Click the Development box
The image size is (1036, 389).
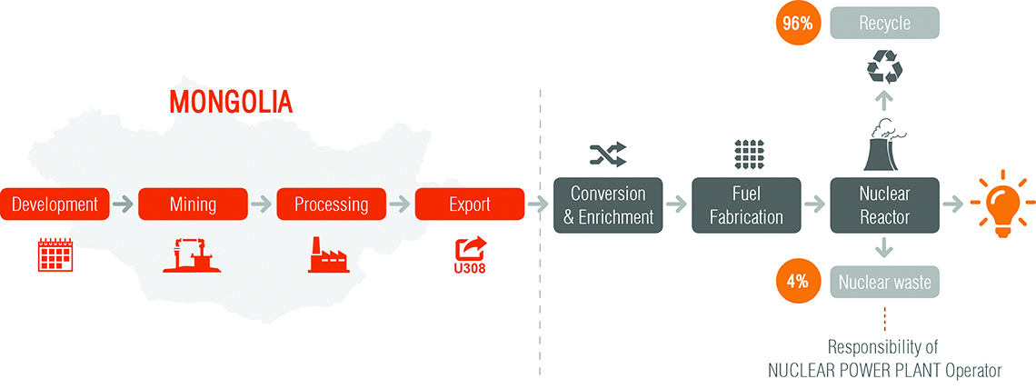click(55, 204)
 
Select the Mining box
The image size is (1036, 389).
click(193, 204)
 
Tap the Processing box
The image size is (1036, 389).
click(331, 204)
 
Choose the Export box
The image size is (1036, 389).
click(470, 204)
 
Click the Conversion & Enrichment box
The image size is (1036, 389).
click(608, 204)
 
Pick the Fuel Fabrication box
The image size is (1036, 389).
click(747, 204)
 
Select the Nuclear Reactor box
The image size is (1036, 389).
click(885, 204)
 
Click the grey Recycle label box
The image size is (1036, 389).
click(885, 23)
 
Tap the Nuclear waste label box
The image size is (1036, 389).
click(885, 282)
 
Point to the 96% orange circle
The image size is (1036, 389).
click(798, 23)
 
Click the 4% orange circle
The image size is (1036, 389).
click(798, 282)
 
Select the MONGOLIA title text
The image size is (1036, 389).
click(231, 102)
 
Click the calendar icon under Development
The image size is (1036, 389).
click(55, 255)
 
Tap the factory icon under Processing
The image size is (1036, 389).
click(332, 256)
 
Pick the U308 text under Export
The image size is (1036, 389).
click(471, 269)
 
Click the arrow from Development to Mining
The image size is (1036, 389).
click(124, 204)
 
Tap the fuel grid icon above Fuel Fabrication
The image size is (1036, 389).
click(747, 154)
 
